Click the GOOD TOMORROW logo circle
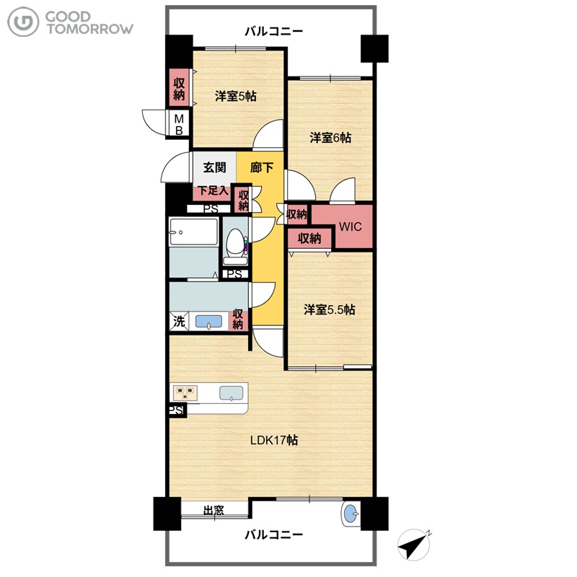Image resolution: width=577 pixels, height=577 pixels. pos(23,22)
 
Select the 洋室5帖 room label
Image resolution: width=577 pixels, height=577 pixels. pos(236,97)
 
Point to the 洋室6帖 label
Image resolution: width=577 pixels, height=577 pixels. pos(330,138)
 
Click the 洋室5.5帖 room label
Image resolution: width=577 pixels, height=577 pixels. pos(330,310)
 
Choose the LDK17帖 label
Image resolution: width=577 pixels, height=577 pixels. pos(274,440)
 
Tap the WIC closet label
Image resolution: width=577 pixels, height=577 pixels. pos(350,226)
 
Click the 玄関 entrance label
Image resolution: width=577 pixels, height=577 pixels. pos(214,168)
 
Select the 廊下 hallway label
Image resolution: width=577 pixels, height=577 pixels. pos(262,168)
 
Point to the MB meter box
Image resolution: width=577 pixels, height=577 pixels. pos(179,124)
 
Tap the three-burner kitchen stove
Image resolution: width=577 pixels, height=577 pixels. pos(185,392)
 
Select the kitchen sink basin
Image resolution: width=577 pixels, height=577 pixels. pos(231,393)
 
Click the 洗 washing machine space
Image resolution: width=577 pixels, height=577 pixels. pos(179,321)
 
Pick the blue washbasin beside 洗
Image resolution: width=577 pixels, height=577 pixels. pos(208,321)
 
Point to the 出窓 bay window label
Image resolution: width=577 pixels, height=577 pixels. pos(213,511)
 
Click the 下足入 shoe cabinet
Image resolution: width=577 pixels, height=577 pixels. pos(213,192)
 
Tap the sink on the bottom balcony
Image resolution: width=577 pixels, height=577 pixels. pos(351,513)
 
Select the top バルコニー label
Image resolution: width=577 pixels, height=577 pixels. pos(274,31)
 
